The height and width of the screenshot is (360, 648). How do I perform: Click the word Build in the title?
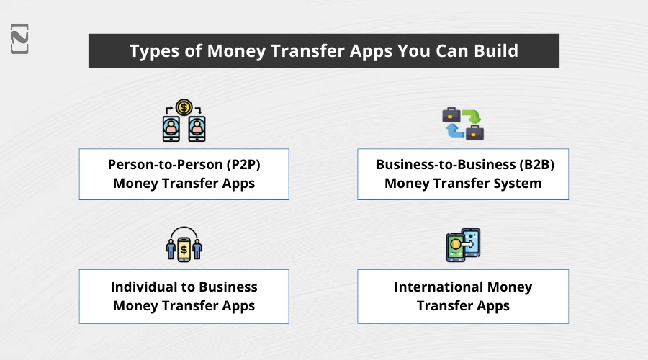click(x=493, y=52)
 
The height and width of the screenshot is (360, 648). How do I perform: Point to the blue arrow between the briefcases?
click(x=455, y=130)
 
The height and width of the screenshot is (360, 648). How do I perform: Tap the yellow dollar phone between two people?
click(x=184, y=249)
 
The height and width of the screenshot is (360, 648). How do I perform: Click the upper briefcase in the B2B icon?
click(x=451, y=114)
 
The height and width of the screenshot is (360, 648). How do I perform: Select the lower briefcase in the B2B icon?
click(x=474, y=132)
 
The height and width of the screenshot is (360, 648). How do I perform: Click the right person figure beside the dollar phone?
click(x=197, y=249)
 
